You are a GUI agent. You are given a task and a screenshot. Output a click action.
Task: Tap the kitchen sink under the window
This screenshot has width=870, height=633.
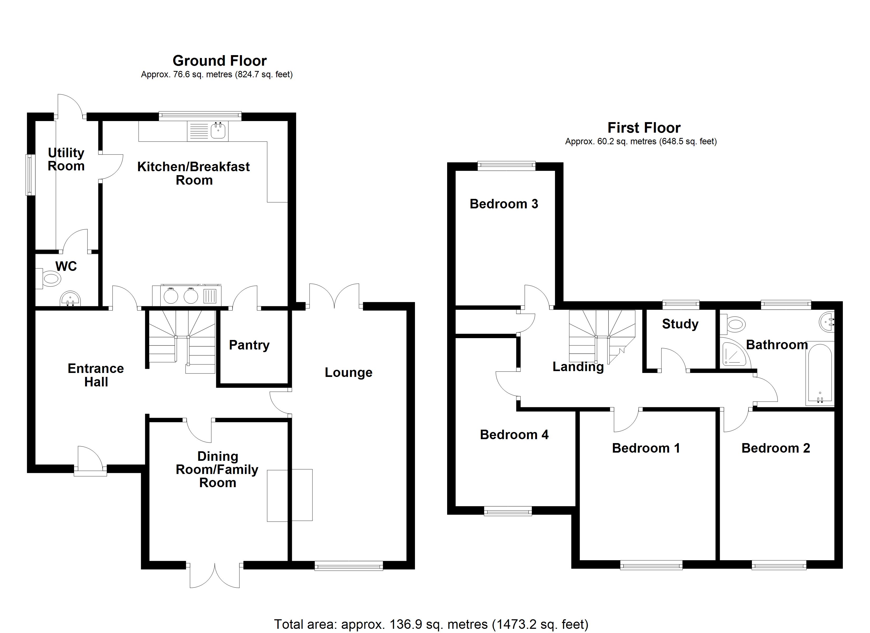pos(218,131)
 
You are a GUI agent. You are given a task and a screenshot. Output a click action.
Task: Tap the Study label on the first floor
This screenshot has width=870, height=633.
pos(680,324)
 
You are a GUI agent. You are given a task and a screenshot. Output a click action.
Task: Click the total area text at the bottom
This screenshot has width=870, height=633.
pos(431,624)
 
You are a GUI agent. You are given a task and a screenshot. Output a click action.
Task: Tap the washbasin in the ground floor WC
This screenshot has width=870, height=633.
pos(70,299)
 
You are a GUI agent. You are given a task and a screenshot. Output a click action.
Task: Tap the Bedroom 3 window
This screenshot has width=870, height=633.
pos(506,166)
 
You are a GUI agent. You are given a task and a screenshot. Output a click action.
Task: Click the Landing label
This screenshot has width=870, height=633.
pos(578,367)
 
